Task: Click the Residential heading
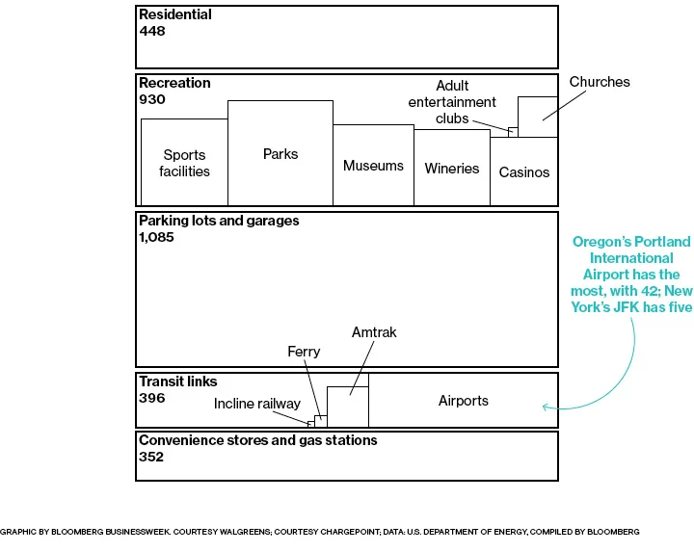pos(175,15)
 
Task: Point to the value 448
pos(152,31)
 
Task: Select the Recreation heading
pos(174,83)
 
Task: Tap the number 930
pos(152,99)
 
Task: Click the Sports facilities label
pos(185,163)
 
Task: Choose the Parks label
pos(280,154)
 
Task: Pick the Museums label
pos(373,166)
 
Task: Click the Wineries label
pos(451,169)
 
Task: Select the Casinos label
pos(524,172)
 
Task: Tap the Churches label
pos(600,82)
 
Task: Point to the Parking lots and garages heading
pos(219,221)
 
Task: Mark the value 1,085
pos(156,237)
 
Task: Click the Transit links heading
pos(178,381)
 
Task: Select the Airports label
pos(464,401)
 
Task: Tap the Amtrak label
pos(374,332)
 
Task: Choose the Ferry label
pos(303,353)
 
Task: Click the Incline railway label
pos(257,404)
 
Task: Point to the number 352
pos(151,457)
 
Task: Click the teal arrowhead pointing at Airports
pos(546,407)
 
